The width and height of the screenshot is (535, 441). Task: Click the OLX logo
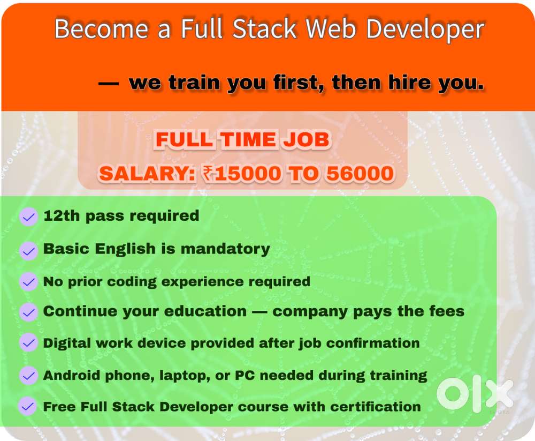click(474, 395)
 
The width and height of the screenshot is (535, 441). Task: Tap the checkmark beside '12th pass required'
click(28, 217)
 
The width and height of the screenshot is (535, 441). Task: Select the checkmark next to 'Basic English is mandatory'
click(28, 250)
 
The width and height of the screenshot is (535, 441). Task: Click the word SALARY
click(144, 173)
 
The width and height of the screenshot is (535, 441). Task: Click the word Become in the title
click(101, 29)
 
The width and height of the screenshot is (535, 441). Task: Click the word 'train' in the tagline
click(196, 83)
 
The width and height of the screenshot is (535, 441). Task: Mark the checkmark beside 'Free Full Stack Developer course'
click(28, 406)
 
